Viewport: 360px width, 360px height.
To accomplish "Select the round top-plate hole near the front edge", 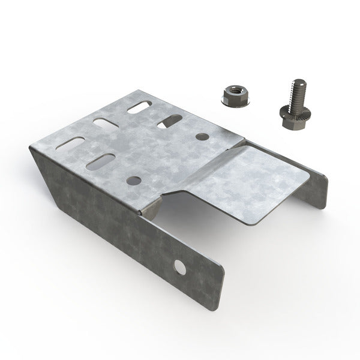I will point(131,179).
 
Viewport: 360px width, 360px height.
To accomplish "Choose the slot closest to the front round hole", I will point(100,162).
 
